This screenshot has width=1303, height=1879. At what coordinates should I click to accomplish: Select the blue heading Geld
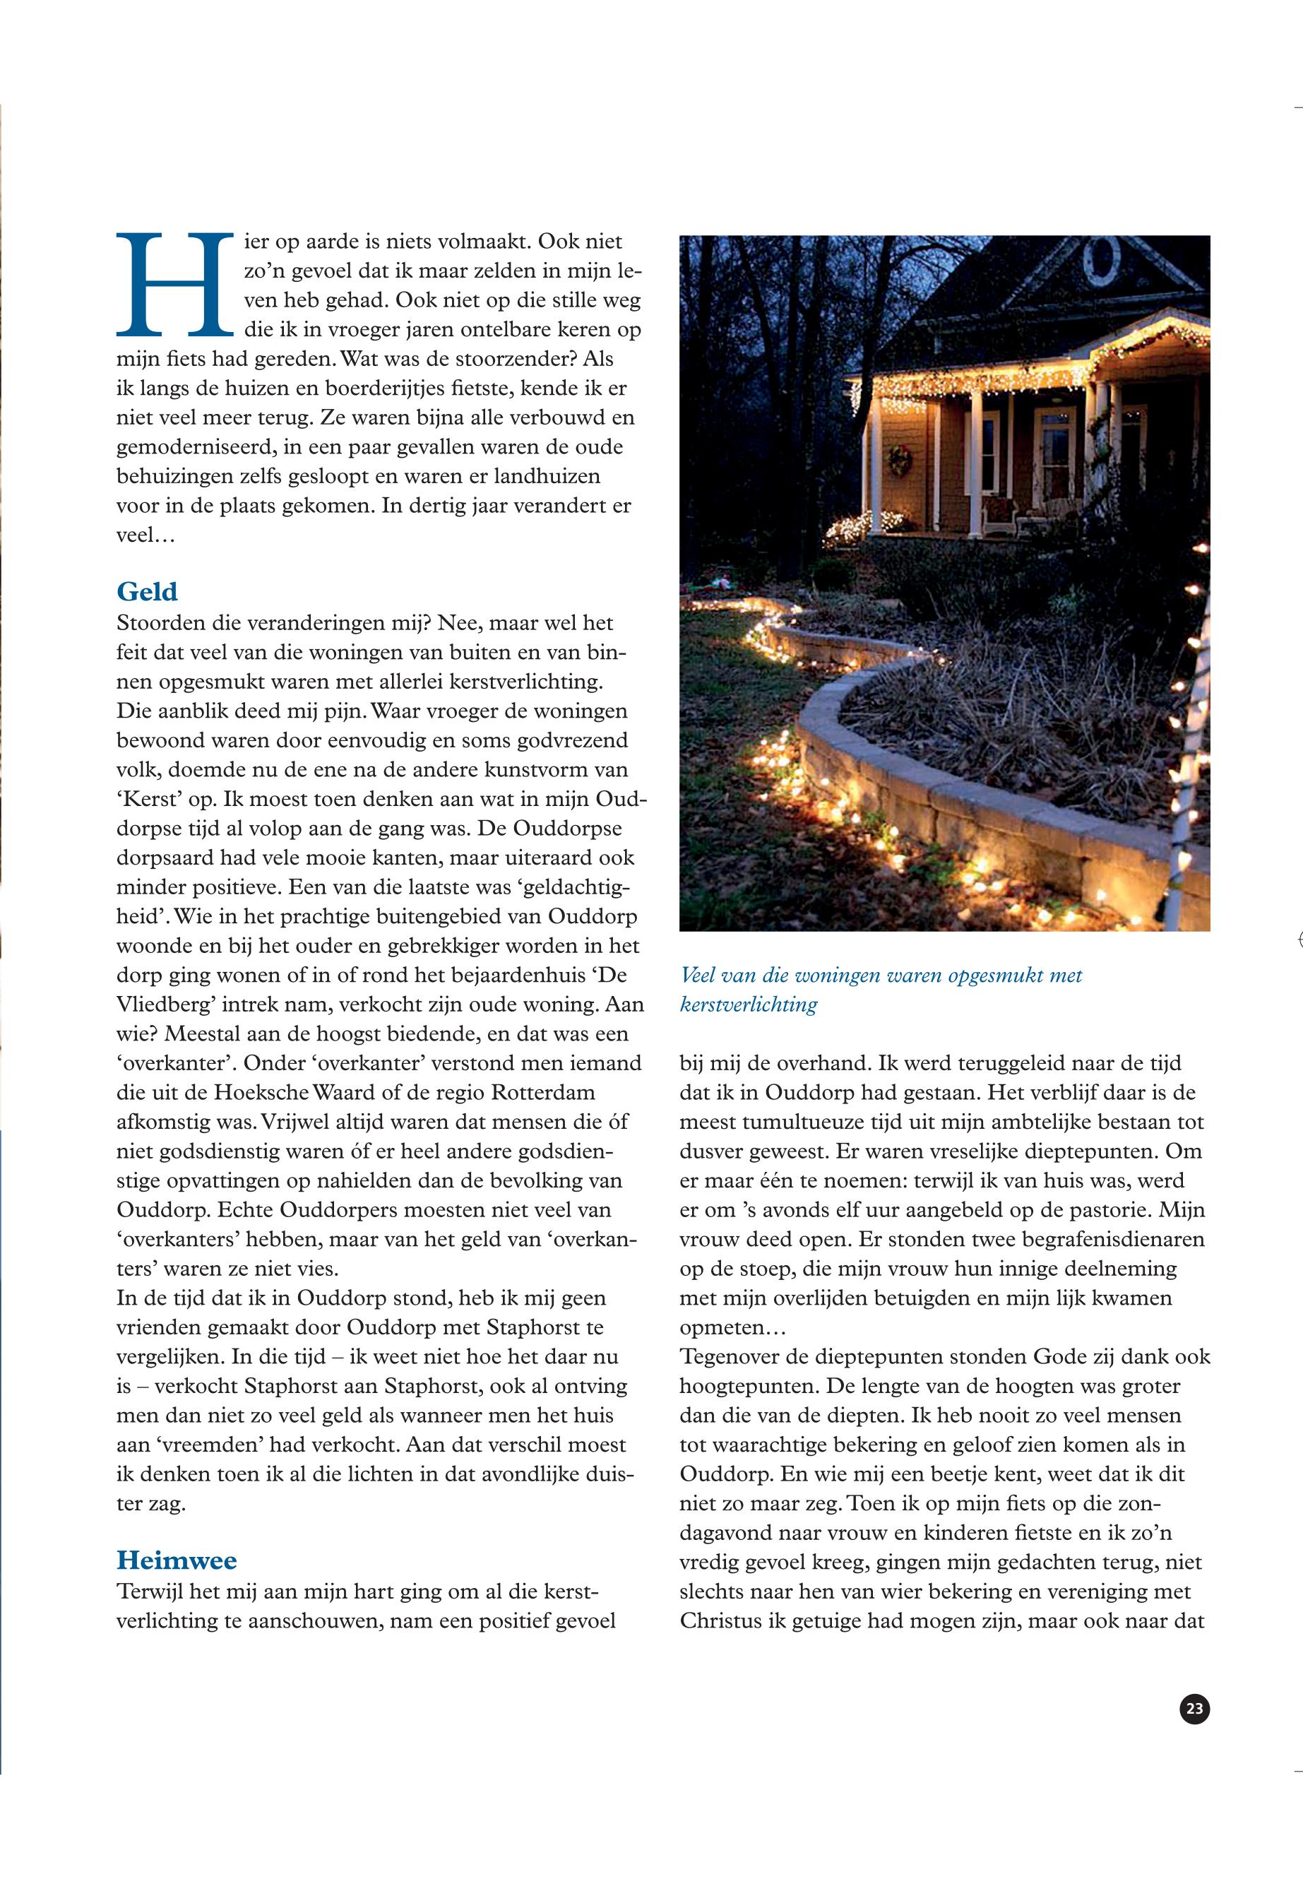(147, 591)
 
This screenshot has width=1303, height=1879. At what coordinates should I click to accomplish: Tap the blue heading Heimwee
(177, 1560)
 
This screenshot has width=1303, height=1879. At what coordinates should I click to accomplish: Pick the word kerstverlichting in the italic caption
(748, 1004)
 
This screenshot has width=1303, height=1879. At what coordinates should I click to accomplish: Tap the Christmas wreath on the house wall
(900, 461)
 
